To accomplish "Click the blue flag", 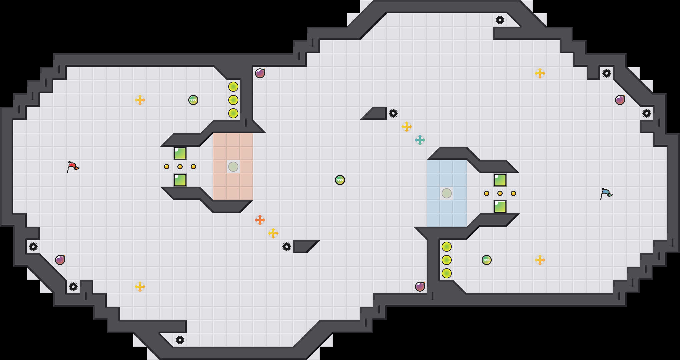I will [x=606, y=193].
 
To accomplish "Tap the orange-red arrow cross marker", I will [x=260, y=220].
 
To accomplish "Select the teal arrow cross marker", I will [x=420, y=140].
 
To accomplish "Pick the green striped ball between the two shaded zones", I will [x=340, y=180].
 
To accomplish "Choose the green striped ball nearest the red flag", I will [x=193, y=100].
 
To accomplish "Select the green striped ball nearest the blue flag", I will [x=487, y=260].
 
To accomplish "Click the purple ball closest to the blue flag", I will [x=620, y=100].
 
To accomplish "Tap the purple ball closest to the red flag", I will [x=60, y=260].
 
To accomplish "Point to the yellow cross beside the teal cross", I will [x=406, y=127].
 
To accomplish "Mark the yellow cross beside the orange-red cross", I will [x=273, y=233].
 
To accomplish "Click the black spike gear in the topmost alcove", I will [x=500, y=20].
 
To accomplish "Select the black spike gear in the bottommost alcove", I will [x=180, y=340].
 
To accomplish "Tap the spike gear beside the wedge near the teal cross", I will [x=393, y=113].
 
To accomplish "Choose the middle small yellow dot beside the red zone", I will [x=180, y=167].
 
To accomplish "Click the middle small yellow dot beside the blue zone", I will [x=500, y=193].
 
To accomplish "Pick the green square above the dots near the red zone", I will [x=180, y=153].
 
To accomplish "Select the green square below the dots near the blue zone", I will [x=500, y=207].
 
